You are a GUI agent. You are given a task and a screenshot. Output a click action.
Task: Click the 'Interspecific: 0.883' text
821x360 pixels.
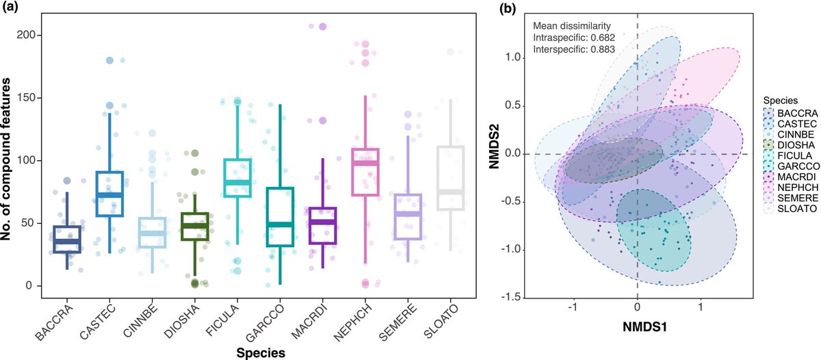575,49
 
